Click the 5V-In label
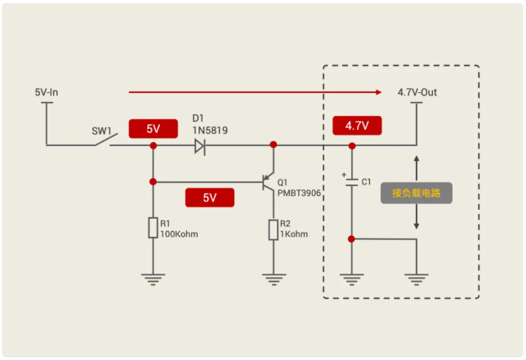47,92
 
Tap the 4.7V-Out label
417,92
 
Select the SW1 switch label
101,131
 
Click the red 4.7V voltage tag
357,126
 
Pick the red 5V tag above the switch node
153,129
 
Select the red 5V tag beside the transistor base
209,198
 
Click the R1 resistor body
153,228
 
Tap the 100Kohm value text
179,234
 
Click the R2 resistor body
274,229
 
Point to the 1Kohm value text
294,234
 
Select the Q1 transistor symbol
266,181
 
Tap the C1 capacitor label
366,181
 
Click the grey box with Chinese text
416,193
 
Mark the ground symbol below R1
153,278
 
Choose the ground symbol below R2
274,278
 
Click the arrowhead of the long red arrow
378,92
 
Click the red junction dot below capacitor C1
351,239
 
